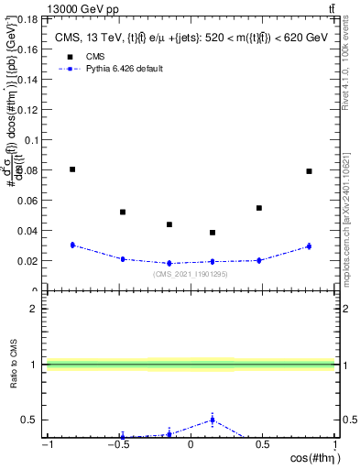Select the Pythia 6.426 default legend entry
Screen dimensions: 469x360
pyautogui.click(x=123, y=69)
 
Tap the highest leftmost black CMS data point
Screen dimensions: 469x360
pyautogui.click(x=72, y=169)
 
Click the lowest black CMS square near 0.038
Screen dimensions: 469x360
pyautogui.click(x=213, y=233)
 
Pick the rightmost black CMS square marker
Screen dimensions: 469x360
pyautogui.click(x=309, y=171)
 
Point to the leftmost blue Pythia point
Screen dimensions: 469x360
pyautogui.click(x=72, y=245)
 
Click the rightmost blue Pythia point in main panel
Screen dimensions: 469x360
pyautogui.click(x=309, y=246)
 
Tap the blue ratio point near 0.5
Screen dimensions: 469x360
pyautogui.click(x=213, y=420)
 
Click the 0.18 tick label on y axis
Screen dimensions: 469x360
pyautogui.click(x=27, y=18)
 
